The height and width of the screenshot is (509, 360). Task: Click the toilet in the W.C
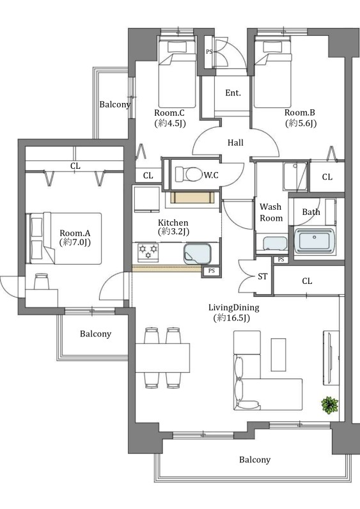[x=188, y=175]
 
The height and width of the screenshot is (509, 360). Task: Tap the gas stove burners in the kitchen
[x=148, y=252]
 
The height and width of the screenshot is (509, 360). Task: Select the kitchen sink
[x=198, y=253]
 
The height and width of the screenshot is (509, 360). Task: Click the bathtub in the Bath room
[x=314, y=241]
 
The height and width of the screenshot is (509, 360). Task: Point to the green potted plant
[x=329, y=405]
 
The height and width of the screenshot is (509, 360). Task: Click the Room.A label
[x=75, y=233]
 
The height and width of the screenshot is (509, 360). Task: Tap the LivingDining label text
[x=234, y=308]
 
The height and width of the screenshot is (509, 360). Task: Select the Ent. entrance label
[x=233, y=93]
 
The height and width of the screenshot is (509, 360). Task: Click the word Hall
[x=235, y=143]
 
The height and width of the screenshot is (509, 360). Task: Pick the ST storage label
[x=263, y=276]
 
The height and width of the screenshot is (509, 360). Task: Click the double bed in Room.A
[x=66, y=239]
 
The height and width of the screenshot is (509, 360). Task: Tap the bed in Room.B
[x=272, y=72]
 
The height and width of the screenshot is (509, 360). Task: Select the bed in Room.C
[x=177, y=72]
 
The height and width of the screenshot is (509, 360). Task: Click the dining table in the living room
[x=162, y=357]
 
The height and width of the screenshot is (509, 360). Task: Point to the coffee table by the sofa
[x=279, y=354]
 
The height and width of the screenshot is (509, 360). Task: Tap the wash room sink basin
[x=275, y=244]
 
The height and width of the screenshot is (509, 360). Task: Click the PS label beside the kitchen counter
[x=212, y=270]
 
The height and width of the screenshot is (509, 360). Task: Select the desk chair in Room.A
[x=42, y=281]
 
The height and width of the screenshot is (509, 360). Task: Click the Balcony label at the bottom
[x=255, y=460]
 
